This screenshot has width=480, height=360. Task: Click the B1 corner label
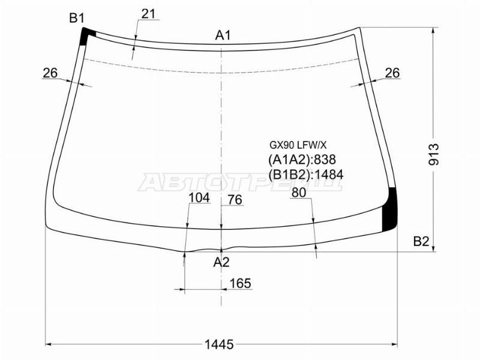(x=77, y=19)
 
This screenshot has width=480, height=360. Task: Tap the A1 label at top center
(x=223, y=35)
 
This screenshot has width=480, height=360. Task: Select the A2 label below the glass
(x=221, y=262)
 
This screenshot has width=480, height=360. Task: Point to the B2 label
(x=421, y=242)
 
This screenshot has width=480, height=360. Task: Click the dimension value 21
(x=148, y=14)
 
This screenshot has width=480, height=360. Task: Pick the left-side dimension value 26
(x=50, y=73)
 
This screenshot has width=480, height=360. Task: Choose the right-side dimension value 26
(x=392, y=73)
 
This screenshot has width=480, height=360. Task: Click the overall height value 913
(x=434, y=154)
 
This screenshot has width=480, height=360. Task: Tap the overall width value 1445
(x=219, y=344)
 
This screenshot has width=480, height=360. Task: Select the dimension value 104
(x=199, y=198)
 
